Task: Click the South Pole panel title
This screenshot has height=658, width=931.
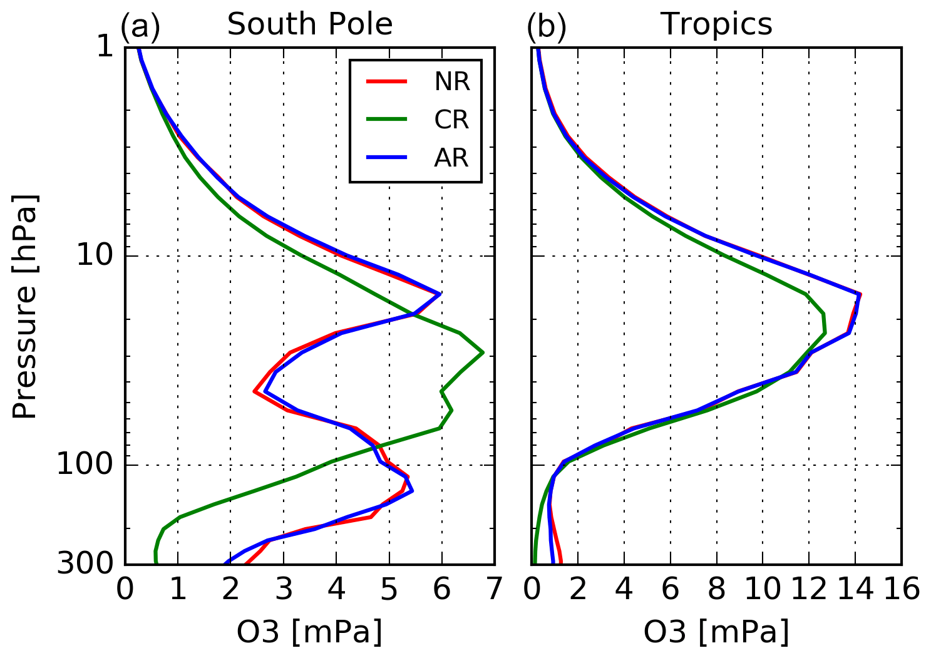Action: point(309,24)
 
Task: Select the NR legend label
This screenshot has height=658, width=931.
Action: point(451,82)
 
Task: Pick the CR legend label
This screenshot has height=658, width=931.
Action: point(451,120)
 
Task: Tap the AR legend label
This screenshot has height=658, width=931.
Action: point(451,158)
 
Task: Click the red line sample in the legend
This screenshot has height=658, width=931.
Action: point(386,81)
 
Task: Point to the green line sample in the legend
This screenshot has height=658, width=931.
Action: point(386,119)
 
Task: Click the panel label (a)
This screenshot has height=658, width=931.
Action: point(140,26)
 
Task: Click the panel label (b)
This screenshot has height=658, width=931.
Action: point(546,26)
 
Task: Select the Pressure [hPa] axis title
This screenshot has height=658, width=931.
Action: point(26,306)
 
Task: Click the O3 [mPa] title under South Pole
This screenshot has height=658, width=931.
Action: point(309,632)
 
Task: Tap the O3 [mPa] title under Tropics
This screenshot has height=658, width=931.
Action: point(716,632)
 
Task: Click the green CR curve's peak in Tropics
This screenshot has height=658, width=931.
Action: point(825,332)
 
